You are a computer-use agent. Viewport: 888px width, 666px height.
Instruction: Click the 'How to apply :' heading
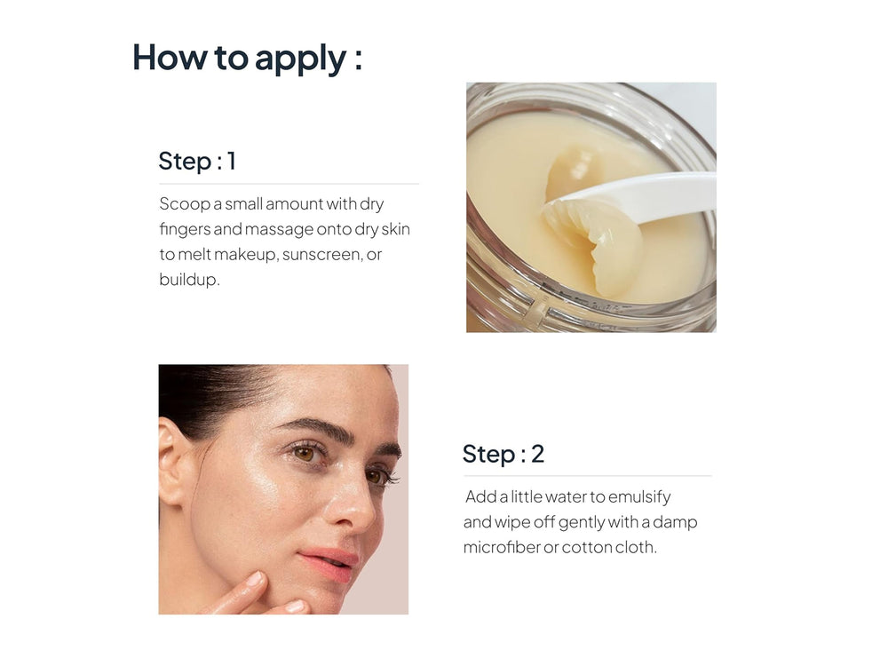pyautogui.click(x=247, y=58)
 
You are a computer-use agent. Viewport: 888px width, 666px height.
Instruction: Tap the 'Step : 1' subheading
pyautogui.click(x=197, y=162)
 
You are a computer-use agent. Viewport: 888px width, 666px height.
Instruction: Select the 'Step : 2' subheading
pyautogui.click(x=503, y=454)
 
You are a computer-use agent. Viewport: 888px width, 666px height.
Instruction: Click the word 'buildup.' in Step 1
pyautogui.click(x=189, y=281)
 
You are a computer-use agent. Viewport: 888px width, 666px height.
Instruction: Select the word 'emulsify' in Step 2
pyautogui.click(x=639, y=496)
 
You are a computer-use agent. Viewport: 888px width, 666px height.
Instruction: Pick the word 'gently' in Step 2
pyautogui.click(x=582, y=522)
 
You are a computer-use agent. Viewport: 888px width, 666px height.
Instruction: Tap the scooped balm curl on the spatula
pyautogui.click(x=586, y=240)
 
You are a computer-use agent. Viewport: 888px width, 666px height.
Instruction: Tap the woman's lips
pyautogui.click(x=334, y=563)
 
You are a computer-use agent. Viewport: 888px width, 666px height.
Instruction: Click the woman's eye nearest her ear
pyautogui.click(x=306, y=453)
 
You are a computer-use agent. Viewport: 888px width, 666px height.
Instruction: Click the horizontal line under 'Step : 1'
pyautogui.click(x=289, y=184)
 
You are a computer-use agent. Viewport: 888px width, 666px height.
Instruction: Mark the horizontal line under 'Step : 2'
pyautogui.click(x=587, y=476)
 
